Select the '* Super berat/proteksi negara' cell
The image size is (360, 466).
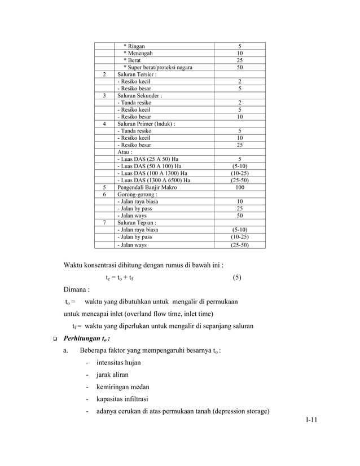point(157,67)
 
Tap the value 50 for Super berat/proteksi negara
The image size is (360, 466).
point(240,67)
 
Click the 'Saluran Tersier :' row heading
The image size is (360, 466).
point(137,74)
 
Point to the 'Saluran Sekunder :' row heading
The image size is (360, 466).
point(139,96)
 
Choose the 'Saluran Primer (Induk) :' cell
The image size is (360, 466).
point(146,124)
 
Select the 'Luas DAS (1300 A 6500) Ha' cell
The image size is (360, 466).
point(153,181)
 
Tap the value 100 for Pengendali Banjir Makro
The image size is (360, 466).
point(240,187)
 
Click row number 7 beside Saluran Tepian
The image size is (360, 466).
point(104,223)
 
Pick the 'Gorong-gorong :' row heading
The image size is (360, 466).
point(135,195)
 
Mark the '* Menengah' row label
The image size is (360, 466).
point(138,53)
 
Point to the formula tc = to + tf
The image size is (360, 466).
point(120,278)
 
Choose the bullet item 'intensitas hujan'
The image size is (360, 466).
point(120,362)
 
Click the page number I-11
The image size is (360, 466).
point(311,420)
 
